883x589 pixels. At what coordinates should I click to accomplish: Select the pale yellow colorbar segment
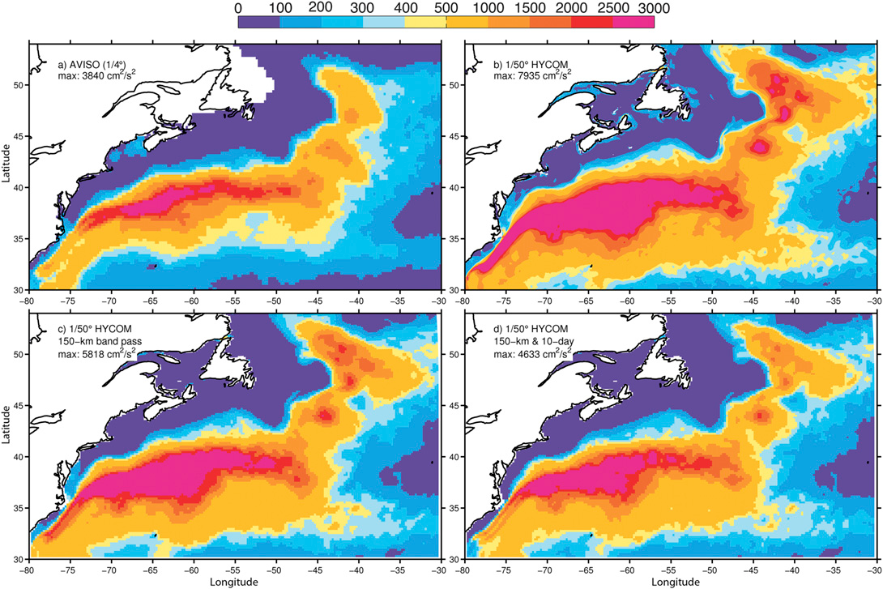[424, 22]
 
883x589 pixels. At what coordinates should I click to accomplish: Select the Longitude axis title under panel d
[673, 582]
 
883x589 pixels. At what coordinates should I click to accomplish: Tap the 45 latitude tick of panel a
[19, 135]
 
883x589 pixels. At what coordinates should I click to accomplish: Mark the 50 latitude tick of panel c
[19, 354]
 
